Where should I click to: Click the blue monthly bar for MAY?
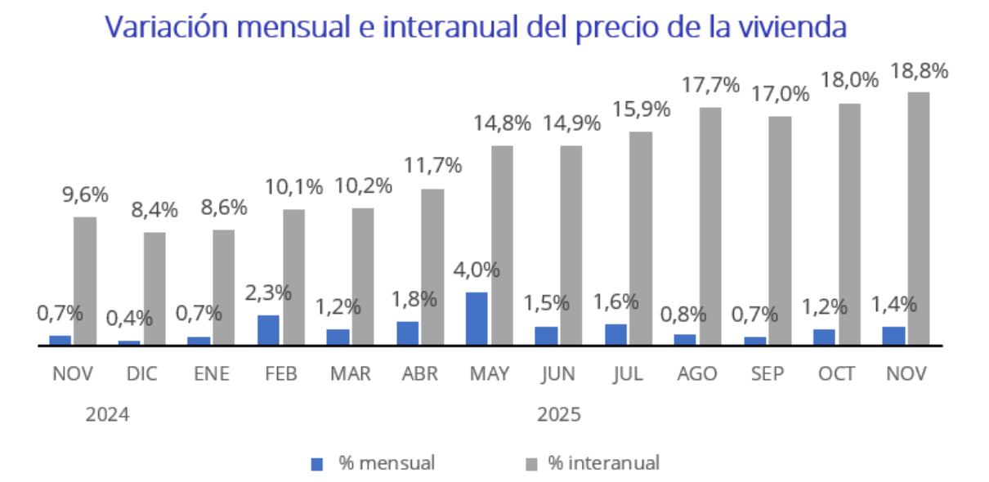[477, 318]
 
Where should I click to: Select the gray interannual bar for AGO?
[709, 225]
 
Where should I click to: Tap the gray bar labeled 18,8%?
[919, 218]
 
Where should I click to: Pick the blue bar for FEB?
[268, 329]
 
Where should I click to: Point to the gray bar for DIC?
[154, 288]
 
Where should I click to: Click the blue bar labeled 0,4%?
[129, 342]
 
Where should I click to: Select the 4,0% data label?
[477, 270]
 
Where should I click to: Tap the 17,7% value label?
[710, 85]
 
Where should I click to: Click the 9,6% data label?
[85, 195]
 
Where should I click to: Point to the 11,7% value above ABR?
[432, 166]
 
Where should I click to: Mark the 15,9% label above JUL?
[641, 109]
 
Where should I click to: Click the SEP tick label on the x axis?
[767, 374]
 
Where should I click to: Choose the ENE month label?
[212, 374]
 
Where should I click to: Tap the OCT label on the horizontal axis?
[837, 374]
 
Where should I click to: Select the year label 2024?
[108, 414]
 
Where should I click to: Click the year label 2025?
[559, 414]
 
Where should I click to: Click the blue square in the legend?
[318, 464]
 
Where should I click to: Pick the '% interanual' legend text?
[603, 463]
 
